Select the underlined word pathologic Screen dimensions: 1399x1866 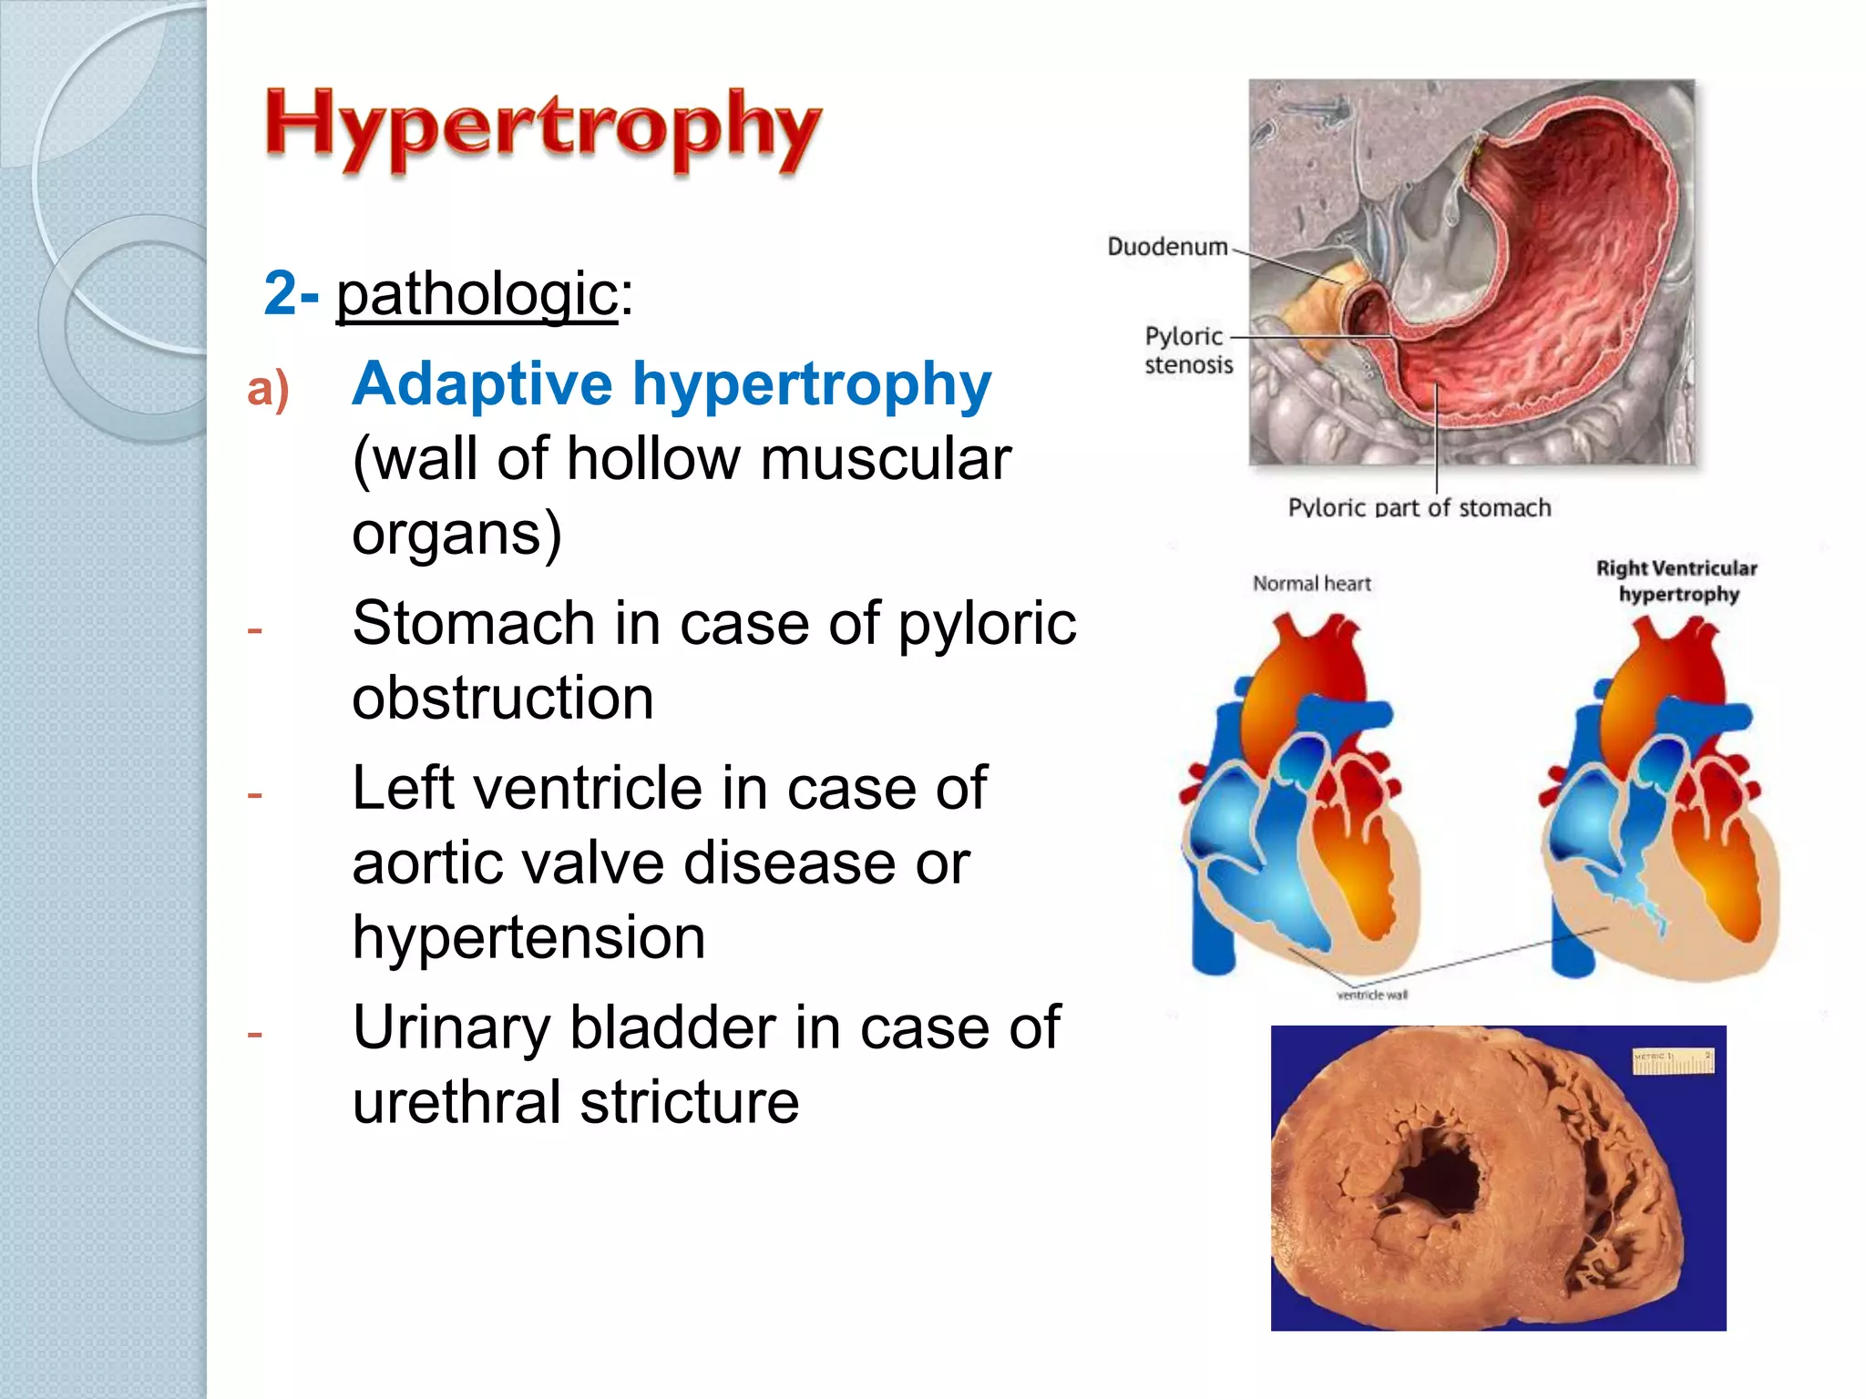[477, 295]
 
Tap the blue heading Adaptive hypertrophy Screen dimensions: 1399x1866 [672, 383]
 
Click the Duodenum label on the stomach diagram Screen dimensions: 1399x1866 [1167, 247]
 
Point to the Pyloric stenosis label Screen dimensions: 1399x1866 [1188, 350]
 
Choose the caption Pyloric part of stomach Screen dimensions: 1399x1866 [1419, 507]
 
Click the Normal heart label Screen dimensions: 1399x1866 [1311, 583]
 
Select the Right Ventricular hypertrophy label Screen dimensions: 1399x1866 [1677, 581]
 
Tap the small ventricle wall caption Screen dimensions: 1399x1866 [1372, 995]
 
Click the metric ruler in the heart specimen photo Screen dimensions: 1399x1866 [1673, 1060]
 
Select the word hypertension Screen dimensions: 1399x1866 [528, 937]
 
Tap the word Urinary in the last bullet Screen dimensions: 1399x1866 [451, 1028]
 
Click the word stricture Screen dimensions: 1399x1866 [689, 1102]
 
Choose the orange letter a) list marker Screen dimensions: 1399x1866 [268, 389]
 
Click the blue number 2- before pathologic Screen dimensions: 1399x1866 [291, 293]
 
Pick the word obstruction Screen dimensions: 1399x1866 [503, 699]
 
